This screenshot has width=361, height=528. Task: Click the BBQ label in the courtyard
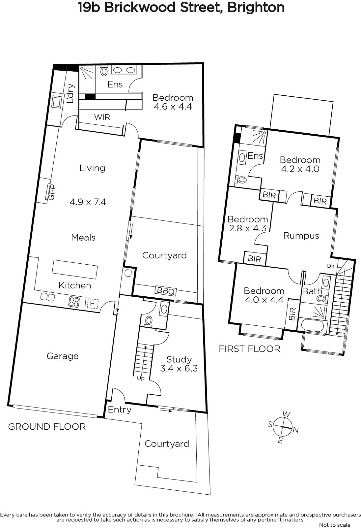point(165,291)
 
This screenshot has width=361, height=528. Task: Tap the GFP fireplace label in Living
point(51,192)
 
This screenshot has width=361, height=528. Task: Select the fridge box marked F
point(93,304)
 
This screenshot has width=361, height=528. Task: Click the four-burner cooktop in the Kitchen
point(74,302)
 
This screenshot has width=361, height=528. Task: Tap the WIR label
point(102,117)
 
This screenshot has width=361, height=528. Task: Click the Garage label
point(63,356)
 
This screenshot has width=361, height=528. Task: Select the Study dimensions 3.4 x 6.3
point(179,368)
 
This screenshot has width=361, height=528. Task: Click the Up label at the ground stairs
point(141,378)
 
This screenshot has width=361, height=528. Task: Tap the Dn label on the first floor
point(331,266)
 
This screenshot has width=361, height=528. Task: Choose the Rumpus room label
point(301,236)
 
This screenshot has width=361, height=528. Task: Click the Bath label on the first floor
point(312,291)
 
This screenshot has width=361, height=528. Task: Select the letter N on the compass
point(295,430)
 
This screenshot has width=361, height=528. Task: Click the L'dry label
point(70,94)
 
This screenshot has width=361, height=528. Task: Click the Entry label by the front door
point(120,410)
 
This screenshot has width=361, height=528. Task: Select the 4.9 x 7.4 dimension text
point(88,202)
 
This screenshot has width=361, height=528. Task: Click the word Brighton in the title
point(256,8)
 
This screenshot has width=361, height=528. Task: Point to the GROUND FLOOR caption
point(47,427)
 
